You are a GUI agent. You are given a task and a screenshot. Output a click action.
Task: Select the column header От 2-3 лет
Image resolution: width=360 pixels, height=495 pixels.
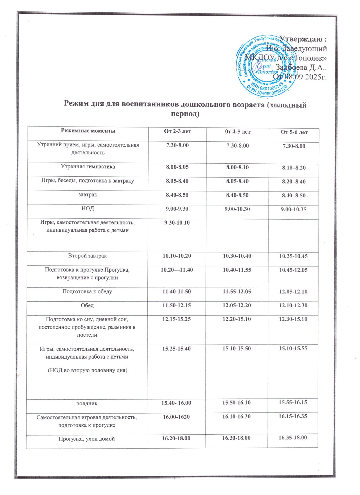tap(177, 131)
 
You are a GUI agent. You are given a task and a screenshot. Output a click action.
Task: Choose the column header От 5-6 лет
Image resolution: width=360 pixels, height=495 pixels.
tap(294, 132)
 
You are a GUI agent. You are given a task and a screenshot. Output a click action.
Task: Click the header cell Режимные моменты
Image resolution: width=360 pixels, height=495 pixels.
tap(88, 131)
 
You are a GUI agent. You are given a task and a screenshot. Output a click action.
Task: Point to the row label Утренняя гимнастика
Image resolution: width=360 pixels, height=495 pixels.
tap(88, 167)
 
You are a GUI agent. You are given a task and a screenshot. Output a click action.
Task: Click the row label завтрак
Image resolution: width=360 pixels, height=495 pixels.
tap(88, 195)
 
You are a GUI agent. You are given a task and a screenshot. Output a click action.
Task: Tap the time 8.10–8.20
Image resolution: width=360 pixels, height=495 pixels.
tap(293, 168)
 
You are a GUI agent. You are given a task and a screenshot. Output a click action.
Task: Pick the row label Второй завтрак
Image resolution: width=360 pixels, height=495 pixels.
tap(88, 256)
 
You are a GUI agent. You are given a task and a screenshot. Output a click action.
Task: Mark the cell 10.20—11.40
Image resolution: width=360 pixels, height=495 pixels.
tap(177, 270)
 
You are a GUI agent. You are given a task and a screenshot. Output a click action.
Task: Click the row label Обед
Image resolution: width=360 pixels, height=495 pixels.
tap(87, 305)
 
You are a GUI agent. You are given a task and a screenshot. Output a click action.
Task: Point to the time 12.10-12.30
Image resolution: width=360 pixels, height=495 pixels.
tap(293, 305)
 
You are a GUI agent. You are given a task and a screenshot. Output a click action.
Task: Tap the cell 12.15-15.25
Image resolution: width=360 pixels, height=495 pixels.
tap(176, 319)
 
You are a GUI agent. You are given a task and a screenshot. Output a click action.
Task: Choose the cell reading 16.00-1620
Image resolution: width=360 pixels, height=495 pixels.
tap(176, 417)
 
